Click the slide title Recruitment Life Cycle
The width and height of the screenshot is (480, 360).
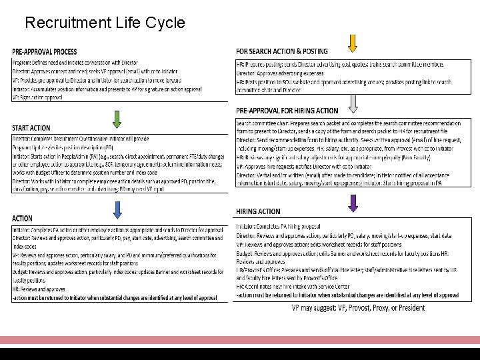point(105,23)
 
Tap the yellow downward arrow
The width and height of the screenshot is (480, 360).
point(353,42)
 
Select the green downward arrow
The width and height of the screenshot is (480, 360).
point(117,119)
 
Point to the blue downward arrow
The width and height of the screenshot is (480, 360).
point(117,209)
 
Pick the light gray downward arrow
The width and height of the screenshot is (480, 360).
point(353,102)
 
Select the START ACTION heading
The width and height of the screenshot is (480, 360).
point(31,128)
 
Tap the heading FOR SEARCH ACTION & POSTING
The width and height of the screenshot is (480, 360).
point(282,51)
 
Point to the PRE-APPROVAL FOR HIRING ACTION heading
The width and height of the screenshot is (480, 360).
point(287,111)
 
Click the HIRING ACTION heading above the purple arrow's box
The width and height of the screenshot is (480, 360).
point(258,211)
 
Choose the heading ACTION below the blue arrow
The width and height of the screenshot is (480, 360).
point(22,218)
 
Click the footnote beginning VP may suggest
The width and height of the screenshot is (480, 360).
point(358,307)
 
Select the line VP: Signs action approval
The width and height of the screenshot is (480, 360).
point(37,97)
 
